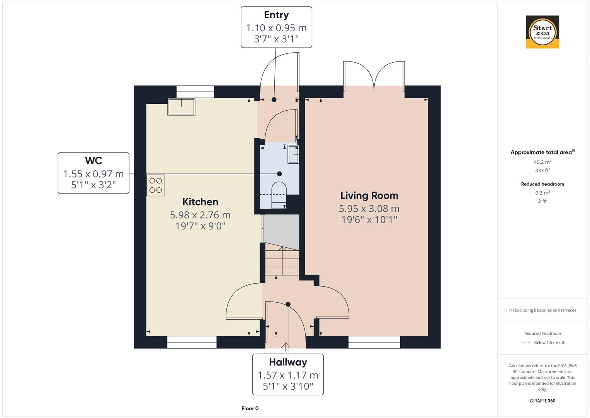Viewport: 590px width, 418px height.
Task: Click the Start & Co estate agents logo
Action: pos(542,32)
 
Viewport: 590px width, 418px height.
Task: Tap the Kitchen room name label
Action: pos(200,202)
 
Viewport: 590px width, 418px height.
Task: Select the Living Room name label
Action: pos(369,195)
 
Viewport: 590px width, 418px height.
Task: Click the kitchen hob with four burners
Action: pos(156,185)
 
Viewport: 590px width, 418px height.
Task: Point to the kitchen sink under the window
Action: pos(181,107)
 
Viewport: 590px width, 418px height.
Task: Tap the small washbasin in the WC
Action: pos(294,154)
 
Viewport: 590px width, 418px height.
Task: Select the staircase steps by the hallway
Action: pos(282,261)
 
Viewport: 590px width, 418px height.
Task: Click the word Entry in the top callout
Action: pos(276,15)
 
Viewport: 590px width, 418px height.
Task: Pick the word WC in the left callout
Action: pos(94,161)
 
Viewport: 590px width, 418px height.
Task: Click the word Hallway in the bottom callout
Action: pos(288,362)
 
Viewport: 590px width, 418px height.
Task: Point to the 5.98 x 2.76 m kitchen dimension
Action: pos(200,215)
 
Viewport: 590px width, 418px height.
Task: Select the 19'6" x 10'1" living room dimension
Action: pos(369,220)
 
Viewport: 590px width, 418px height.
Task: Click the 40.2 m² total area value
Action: pos(542,162)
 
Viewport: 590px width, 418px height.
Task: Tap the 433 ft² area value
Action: pos(542,170)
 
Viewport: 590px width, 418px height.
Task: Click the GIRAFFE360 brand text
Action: pos(542,401)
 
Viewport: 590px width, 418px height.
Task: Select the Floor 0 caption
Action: pos(250,408)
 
